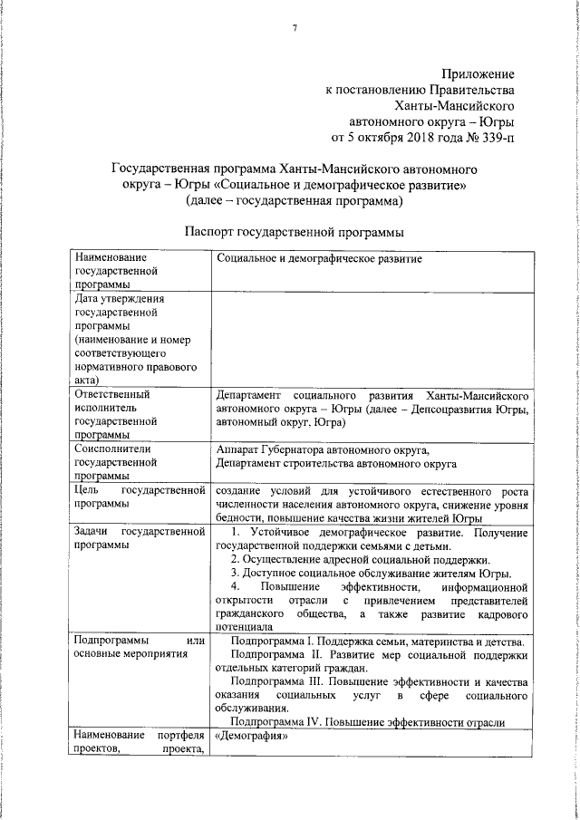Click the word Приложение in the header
click(478, 72)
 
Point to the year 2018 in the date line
click(408, 138)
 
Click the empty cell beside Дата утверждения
click(372, 336)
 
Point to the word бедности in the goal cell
click(239, 517)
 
